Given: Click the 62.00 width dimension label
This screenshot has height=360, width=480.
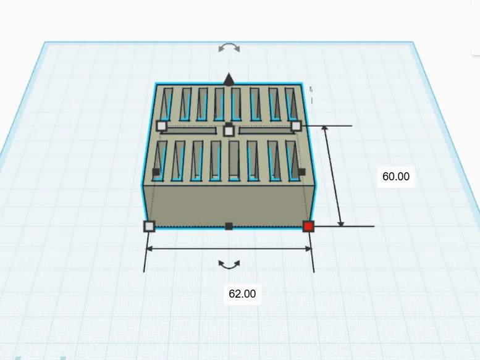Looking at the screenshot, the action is (x=242, y=294).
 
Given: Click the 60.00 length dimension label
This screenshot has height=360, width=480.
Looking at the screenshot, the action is (x=396, y=177).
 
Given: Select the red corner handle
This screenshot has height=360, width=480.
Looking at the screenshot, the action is (x=308, y=227).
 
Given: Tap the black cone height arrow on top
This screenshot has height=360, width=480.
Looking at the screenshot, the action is (x=229, y=79).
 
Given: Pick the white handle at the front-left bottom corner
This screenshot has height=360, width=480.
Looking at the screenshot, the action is (x=149, y=227).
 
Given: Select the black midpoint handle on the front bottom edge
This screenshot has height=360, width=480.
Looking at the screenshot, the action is (x=229, y=226).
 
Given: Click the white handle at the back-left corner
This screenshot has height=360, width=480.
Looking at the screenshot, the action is (x=161, y=126).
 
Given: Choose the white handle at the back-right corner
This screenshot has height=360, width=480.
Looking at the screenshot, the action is (x=296, y=126).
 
